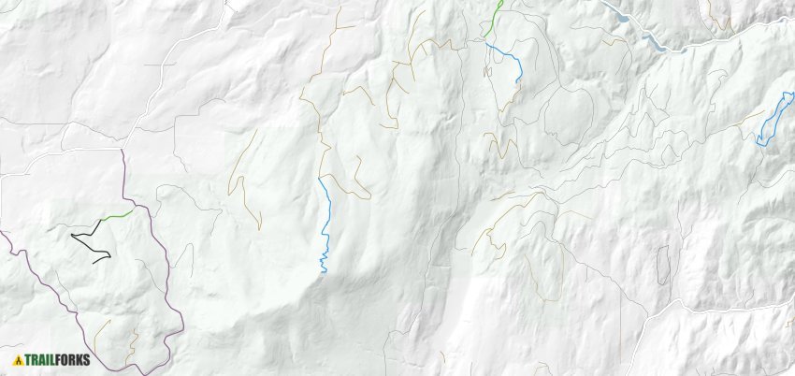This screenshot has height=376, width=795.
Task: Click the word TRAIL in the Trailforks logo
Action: tap(37, 360)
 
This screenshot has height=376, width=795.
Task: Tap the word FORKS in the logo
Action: tap(65, 360)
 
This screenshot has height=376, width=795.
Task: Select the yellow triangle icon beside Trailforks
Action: tap(18, 360)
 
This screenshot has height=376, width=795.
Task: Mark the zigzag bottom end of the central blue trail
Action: tap(323, 262)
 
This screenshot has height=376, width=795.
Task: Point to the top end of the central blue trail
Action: tap(320, 178)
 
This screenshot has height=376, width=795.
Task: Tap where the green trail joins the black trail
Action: tap(101, 221)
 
